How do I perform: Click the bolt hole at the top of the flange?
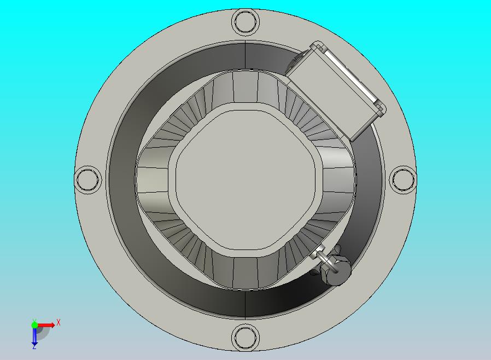tap(245, 22)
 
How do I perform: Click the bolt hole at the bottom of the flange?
tap(244, 336)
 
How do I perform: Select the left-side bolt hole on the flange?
tap(87, 179)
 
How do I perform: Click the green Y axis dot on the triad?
tap(34, 325)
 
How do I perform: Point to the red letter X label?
tap(59, 322)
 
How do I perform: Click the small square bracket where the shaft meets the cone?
tap(315, 253)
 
